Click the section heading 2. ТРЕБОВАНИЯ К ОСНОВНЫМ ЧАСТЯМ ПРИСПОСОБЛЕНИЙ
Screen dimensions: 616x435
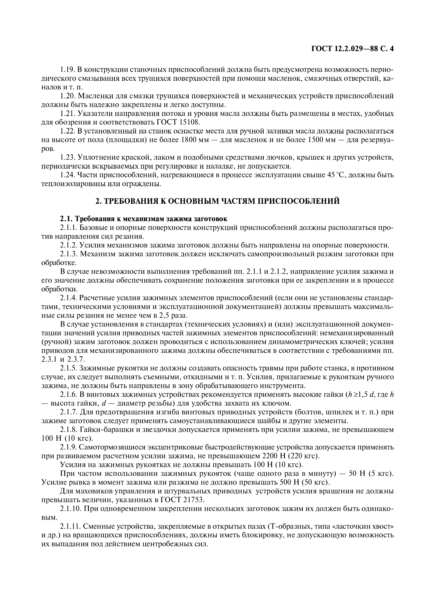point(217,201)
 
